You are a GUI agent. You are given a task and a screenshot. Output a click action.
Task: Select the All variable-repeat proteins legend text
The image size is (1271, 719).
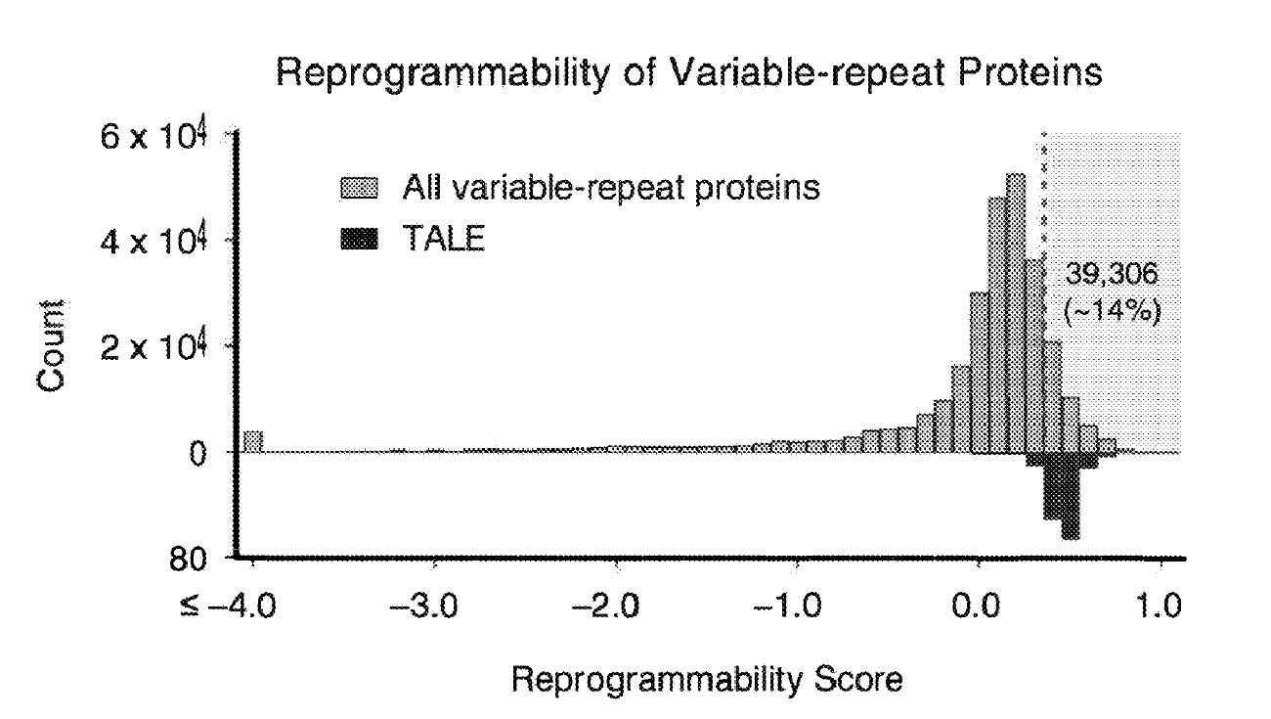(x=611, y=187)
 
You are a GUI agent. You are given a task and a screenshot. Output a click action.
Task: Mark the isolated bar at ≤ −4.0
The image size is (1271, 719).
(x=253, y=441)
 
